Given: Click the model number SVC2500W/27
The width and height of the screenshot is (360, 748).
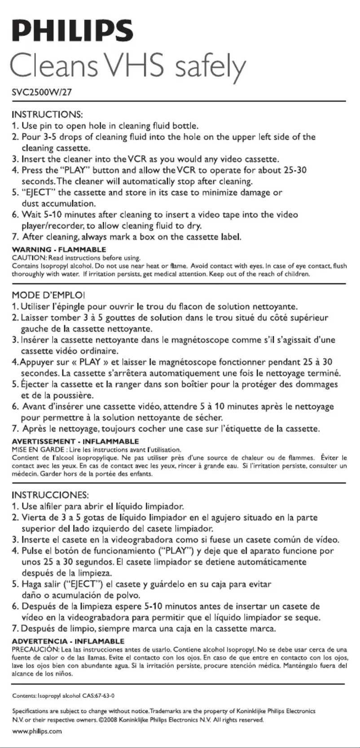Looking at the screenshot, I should (x=41, y=93).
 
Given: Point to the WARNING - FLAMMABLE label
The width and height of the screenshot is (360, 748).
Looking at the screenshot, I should (x=59, y=250).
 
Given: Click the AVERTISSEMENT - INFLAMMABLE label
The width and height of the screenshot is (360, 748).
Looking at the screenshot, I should (x=75, y=441).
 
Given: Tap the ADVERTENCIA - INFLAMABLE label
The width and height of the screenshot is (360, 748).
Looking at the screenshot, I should (x=68, y=641).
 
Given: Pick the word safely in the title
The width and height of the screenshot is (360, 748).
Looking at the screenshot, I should (x=210, y=67).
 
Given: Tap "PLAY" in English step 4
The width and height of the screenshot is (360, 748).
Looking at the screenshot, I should (x=75, y=170).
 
